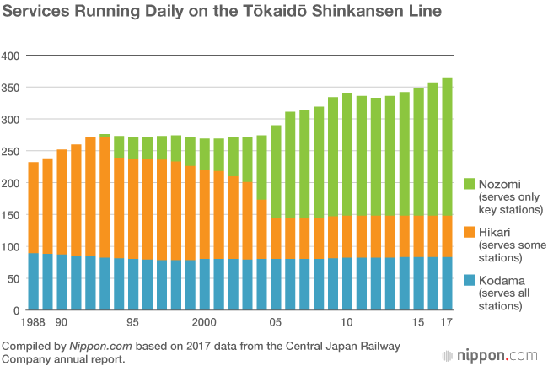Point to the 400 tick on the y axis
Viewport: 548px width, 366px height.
click(x=11, y=56)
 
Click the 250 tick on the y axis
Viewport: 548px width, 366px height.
click(x=11, y=151)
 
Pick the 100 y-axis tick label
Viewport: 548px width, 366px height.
click(x=11, y=247)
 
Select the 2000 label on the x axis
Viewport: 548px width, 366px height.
click(x=204, y=322)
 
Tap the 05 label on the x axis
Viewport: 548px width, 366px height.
click(x=276, y=322)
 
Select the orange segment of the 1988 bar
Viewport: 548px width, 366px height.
click(x=33, y=207)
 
